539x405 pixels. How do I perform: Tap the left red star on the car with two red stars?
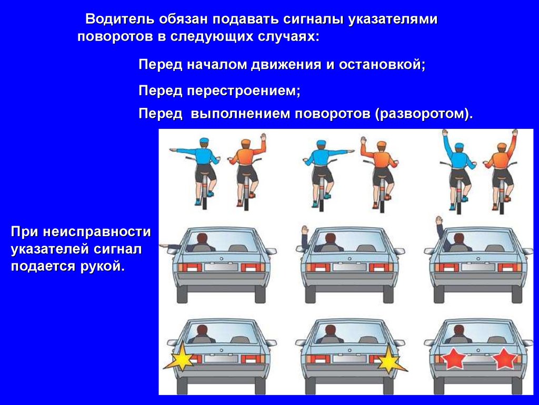point(454,359)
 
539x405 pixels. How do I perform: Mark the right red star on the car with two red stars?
point(504,359)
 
